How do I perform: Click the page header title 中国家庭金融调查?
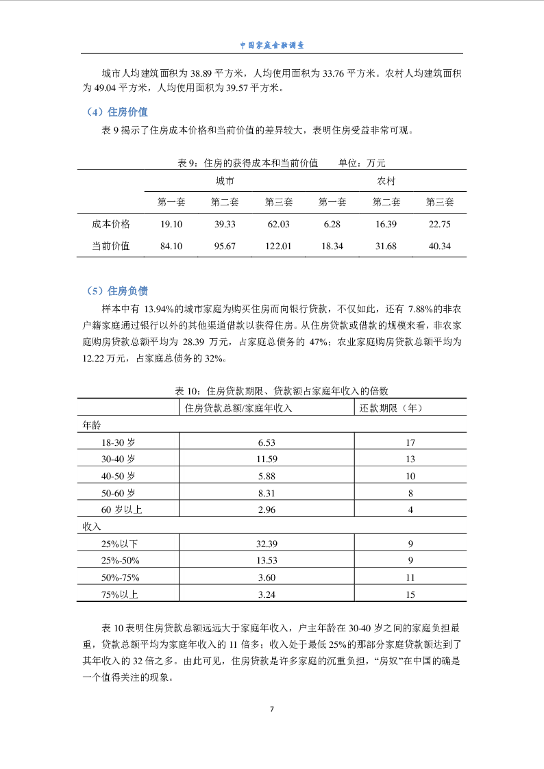272,45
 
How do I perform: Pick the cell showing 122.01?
278,246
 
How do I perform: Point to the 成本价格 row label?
111,224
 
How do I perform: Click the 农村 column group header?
386,181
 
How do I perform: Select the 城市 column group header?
225,181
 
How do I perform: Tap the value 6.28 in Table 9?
332,224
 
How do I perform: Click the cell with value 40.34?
439,246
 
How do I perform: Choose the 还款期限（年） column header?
391,408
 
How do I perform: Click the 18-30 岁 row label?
118,442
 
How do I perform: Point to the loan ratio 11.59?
267,459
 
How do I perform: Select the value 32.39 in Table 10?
267,544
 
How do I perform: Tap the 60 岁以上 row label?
121,509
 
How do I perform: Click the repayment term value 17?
410,442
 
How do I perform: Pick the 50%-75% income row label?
120,577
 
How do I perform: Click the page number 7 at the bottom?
272,708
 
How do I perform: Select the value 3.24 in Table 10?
267,594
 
